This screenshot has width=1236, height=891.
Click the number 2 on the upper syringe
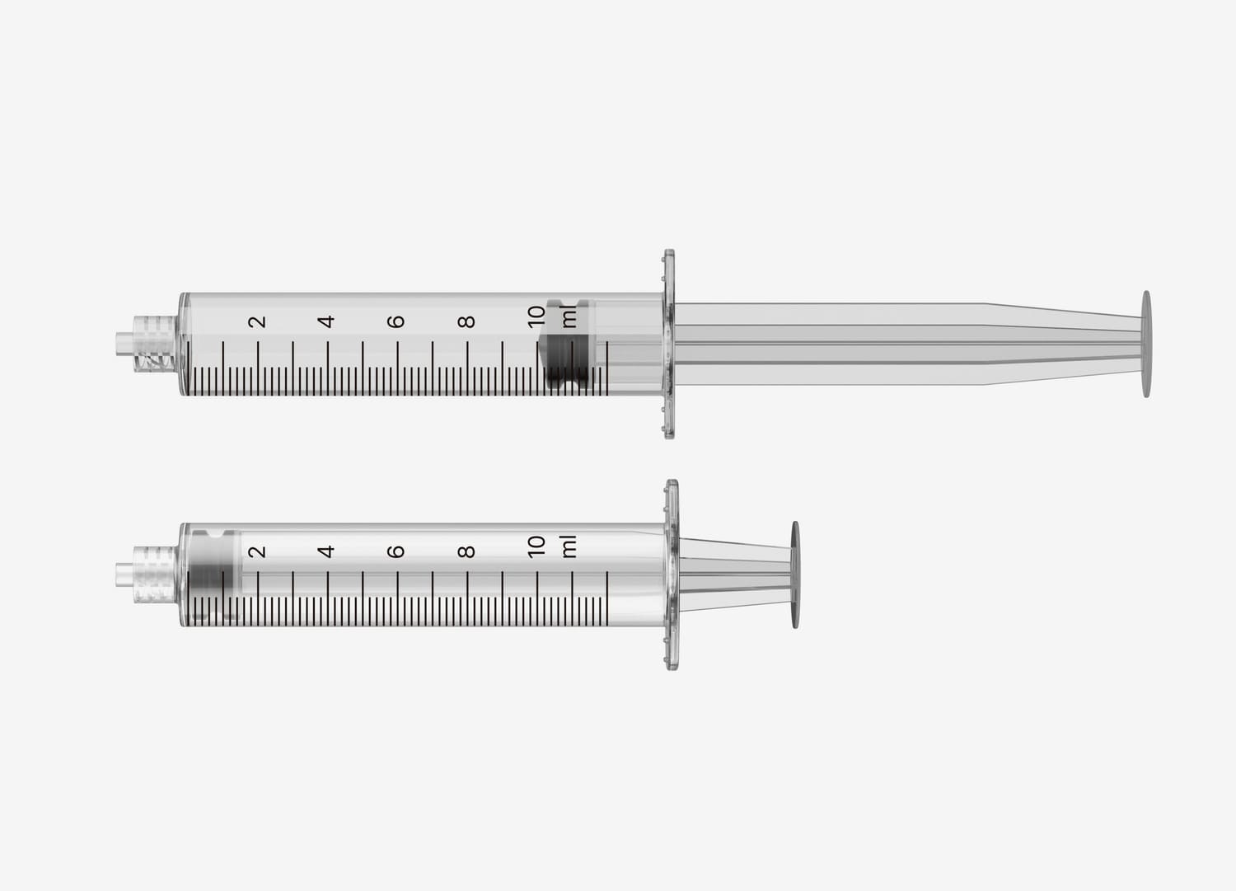tap(258, 321)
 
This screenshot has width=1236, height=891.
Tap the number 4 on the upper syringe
tap(327, 321)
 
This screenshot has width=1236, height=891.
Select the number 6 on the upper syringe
tap(397, 321)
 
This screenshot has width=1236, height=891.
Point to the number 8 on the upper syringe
tap(467, 321)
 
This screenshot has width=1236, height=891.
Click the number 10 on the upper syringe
tap(536, 317)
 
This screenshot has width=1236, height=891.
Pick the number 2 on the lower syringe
tap(258, 551)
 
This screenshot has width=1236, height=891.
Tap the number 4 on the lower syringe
tap(327, 551)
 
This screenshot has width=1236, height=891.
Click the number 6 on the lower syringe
tap(397, 551)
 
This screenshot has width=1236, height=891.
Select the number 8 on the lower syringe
tap(467, 551)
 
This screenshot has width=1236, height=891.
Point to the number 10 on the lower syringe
tap(536, 546)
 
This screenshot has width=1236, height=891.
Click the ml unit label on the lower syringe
tap(569, 546)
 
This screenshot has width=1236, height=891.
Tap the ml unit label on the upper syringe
tap(569, 317)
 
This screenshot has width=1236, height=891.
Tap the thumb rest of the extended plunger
tap(1146, 344)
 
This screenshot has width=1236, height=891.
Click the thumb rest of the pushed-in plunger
tap(795, 574)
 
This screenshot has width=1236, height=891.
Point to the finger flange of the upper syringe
tap(669, 344)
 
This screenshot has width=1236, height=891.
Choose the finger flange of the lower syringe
tap(672, 574)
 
